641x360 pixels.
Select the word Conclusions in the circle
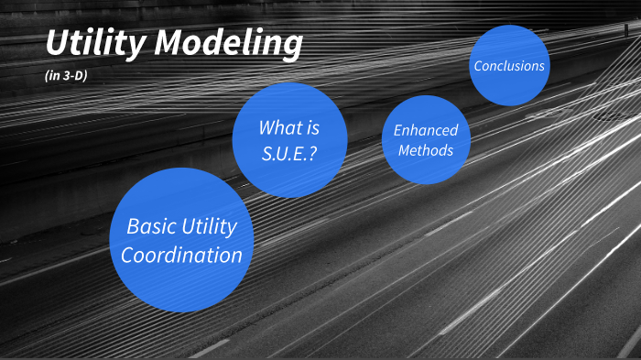(x=509, y=66)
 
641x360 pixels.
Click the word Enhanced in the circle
(x=426, y=130)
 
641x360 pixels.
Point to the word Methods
(x=426, y=149)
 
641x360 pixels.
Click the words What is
(x=289, y=127)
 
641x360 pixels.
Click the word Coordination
(x=181, y=255)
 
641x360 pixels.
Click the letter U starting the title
(x=58, y=43)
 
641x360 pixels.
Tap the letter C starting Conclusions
(x=478, y=66)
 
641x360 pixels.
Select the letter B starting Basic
(x=132, y=226)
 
